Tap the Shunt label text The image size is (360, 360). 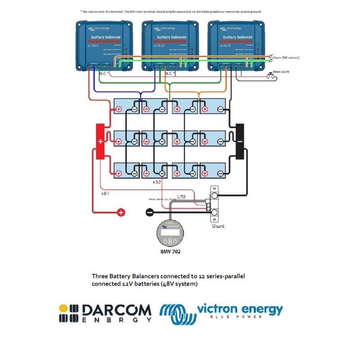point(218,226)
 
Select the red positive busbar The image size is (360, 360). point(99,141)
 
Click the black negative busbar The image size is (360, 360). point(239,141)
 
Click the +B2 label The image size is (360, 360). point(157,182)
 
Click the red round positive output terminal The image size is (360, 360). point(121,212)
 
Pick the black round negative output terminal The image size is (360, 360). point(149,211)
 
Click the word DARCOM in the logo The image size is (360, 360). point(117,310)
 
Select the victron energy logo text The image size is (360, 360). point(240,310)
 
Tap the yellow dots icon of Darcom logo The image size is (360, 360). point(69,313)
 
